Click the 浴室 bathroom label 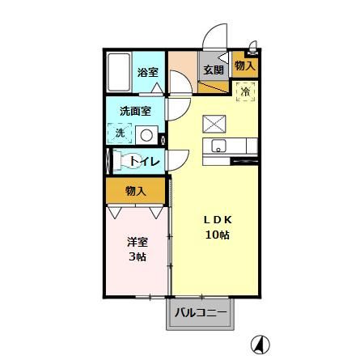pos(147,73)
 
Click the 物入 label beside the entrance pos(244,66)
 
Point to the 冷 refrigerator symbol pos(244,91)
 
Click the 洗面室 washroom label pos(134,111)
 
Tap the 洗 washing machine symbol pos(120,133)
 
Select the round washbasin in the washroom pos(146,134)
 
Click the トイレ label pos(146,161)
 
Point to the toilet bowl pos(129,161)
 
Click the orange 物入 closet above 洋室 pos(135,191)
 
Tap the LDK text pos(217,219)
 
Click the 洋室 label pos(135,241)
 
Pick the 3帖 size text pos(135,257)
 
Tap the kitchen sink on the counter pos(218,146)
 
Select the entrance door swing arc pos(214,36)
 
